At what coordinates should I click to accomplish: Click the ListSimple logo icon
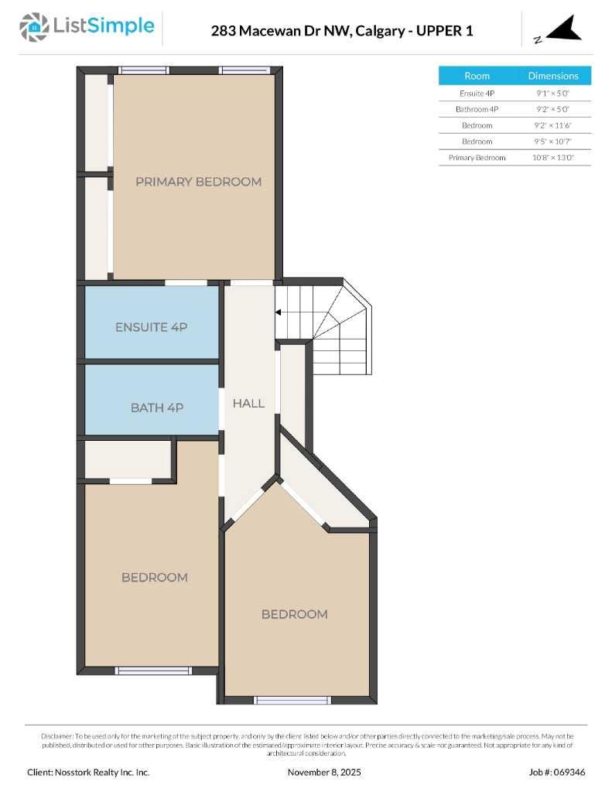(33, 27)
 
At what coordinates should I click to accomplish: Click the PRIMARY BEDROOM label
(198, 182)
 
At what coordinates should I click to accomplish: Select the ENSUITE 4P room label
(151, 327)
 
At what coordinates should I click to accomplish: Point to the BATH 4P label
(156, 408)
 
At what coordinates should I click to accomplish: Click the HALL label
(248, 403)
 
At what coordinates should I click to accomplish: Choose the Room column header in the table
(477, 76)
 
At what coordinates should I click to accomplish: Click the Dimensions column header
(553, 76)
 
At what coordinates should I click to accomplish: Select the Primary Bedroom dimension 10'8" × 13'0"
(553, 158)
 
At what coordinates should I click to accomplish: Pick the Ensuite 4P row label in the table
(477, 93)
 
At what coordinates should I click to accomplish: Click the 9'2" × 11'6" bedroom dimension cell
(553, 125)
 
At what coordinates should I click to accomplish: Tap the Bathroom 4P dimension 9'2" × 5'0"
(553, 109)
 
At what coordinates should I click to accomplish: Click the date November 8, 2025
(324, 772)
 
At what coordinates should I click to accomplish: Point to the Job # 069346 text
(557, 772)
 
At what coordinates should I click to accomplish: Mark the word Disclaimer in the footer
(57, 736)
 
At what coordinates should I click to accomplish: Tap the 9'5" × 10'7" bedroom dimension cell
(553, 142)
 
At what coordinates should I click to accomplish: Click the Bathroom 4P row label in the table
(477, 109)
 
